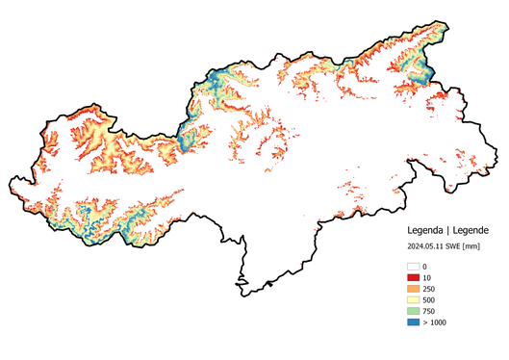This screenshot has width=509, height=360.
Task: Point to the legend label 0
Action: (x=425, y=266)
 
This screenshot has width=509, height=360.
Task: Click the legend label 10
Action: (x=427, y=277)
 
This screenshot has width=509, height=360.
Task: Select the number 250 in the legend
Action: (x=429, y=289)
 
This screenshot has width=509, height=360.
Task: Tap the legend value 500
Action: (x=429, y=300)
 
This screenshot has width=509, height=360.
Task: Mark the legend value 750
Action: (x=429, y=311)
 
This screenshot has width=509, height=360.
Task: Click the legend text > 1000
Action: (x=434, y=322)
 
